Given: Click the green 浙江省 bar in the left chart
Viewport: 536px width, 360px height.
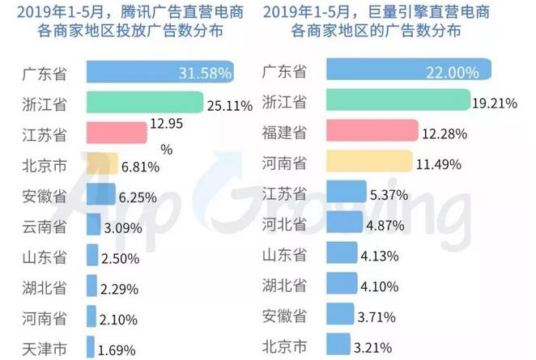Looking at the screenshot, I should [x=142, y=102].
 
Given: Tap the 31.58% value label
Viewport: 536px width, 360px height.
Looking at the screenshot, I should [x=203, y=73].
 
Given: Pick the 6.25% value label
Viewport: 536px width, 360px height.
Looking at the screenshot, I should [x=138, y=195].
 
